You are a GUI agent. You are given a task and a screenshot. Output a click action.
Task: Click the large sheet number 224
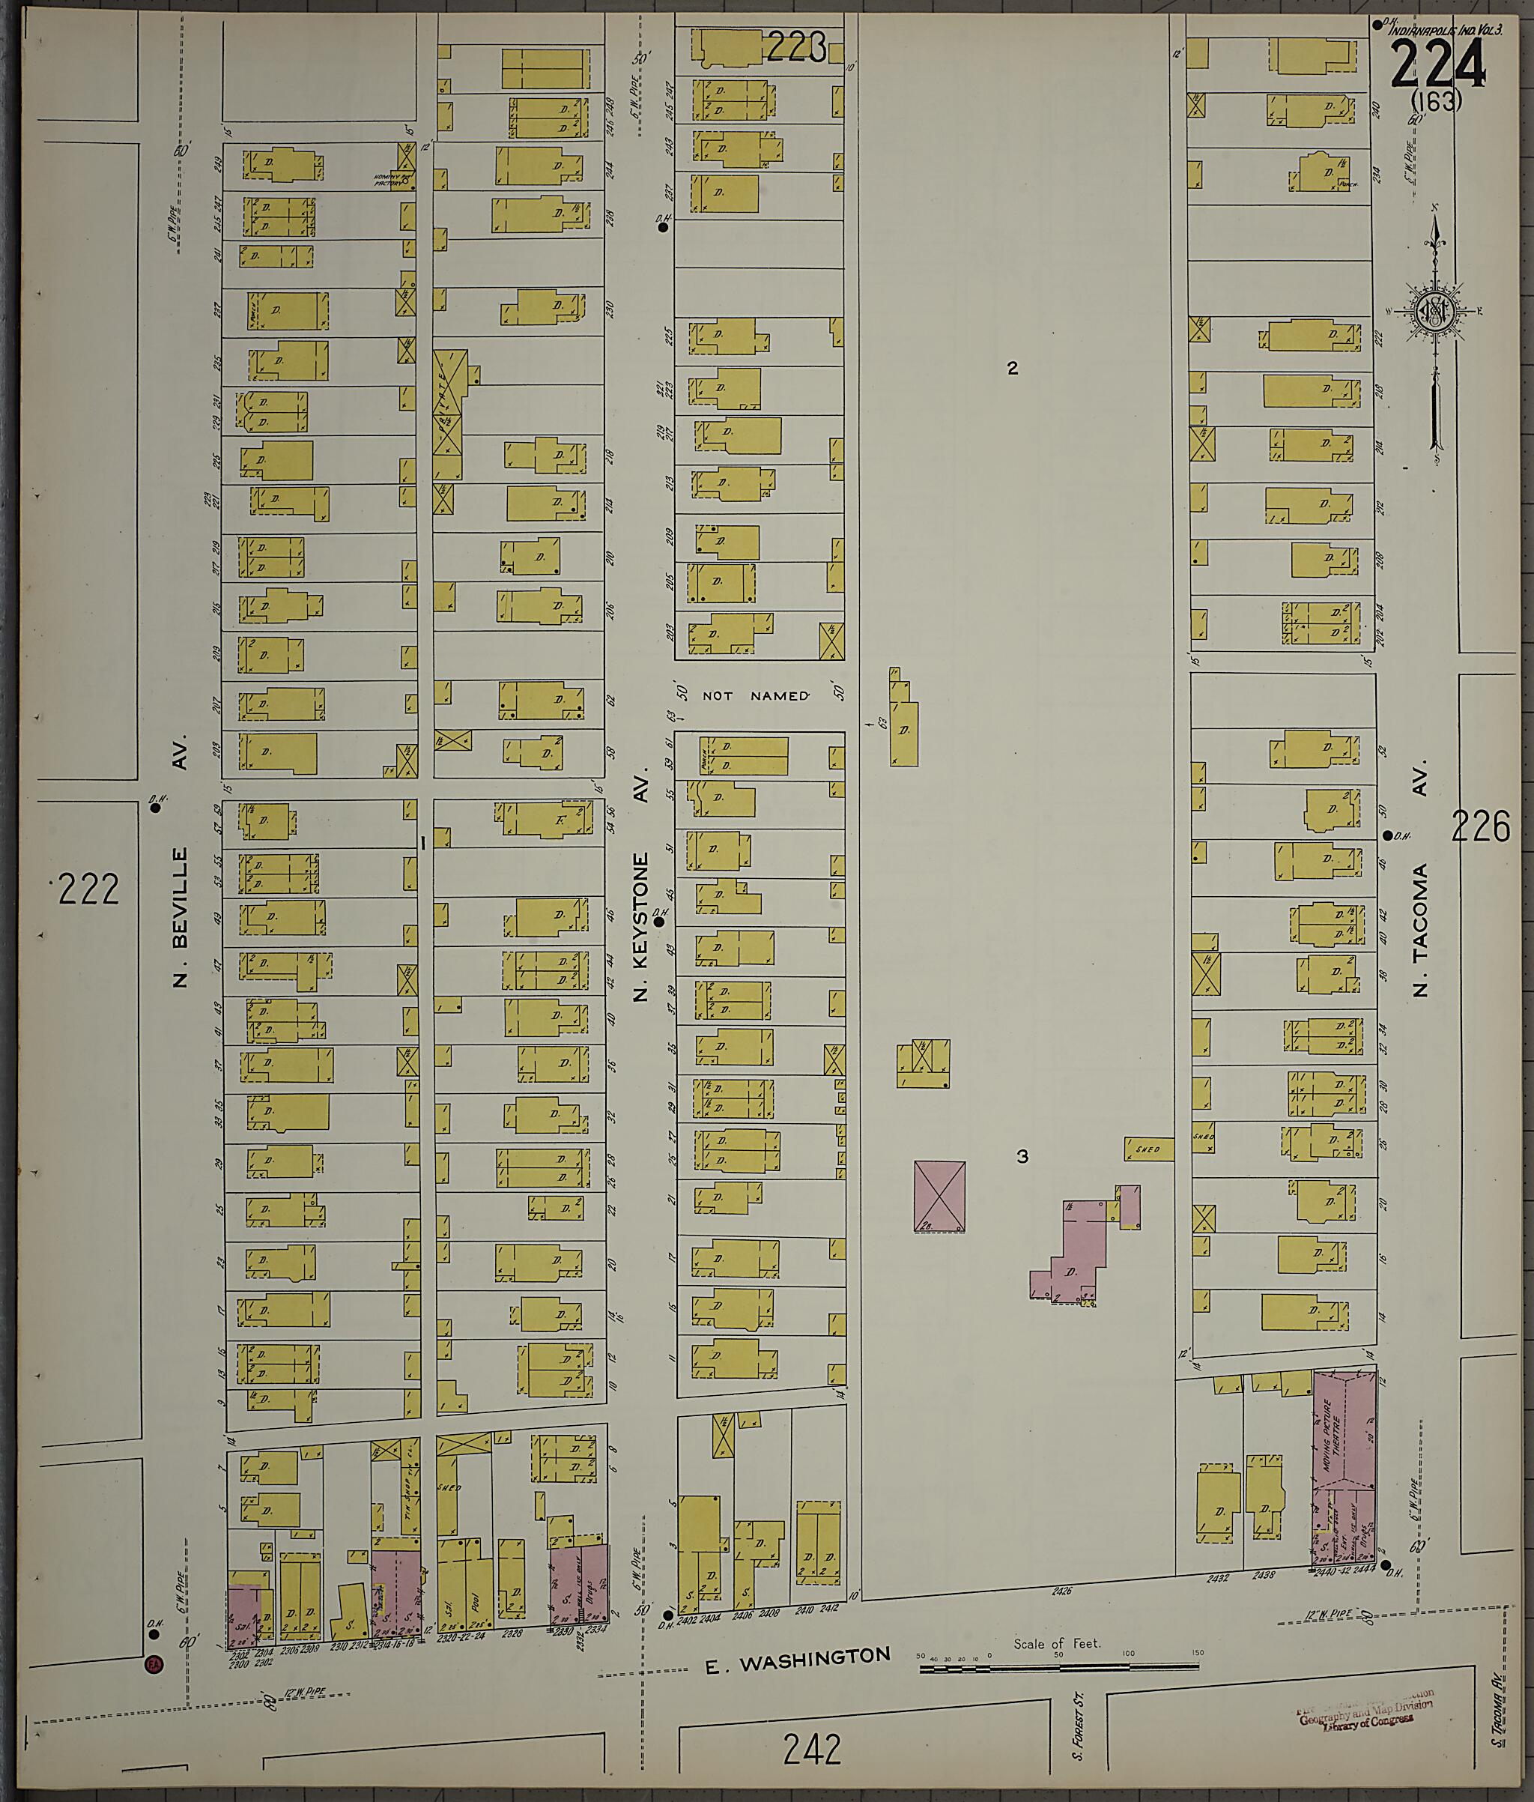1437,64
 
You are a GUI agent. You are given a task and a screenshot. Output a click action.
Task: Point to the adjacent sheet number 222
88,888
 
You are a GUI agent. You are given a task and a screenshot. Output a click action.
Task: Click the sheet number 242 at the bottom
812,1750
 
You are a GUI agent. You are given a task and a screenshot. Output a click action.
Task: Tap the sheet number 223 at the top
795,48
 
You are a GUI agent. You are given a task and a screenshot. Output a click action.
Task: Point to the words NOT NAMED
756,696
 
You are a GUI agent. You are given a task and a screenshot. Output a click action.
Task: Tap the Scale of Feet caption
1057,1643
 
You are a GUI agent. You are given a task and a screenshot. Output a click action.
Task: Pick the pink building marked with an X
939,1196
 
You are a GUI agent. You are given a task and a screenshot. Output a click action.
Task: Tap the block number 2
1012,369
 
